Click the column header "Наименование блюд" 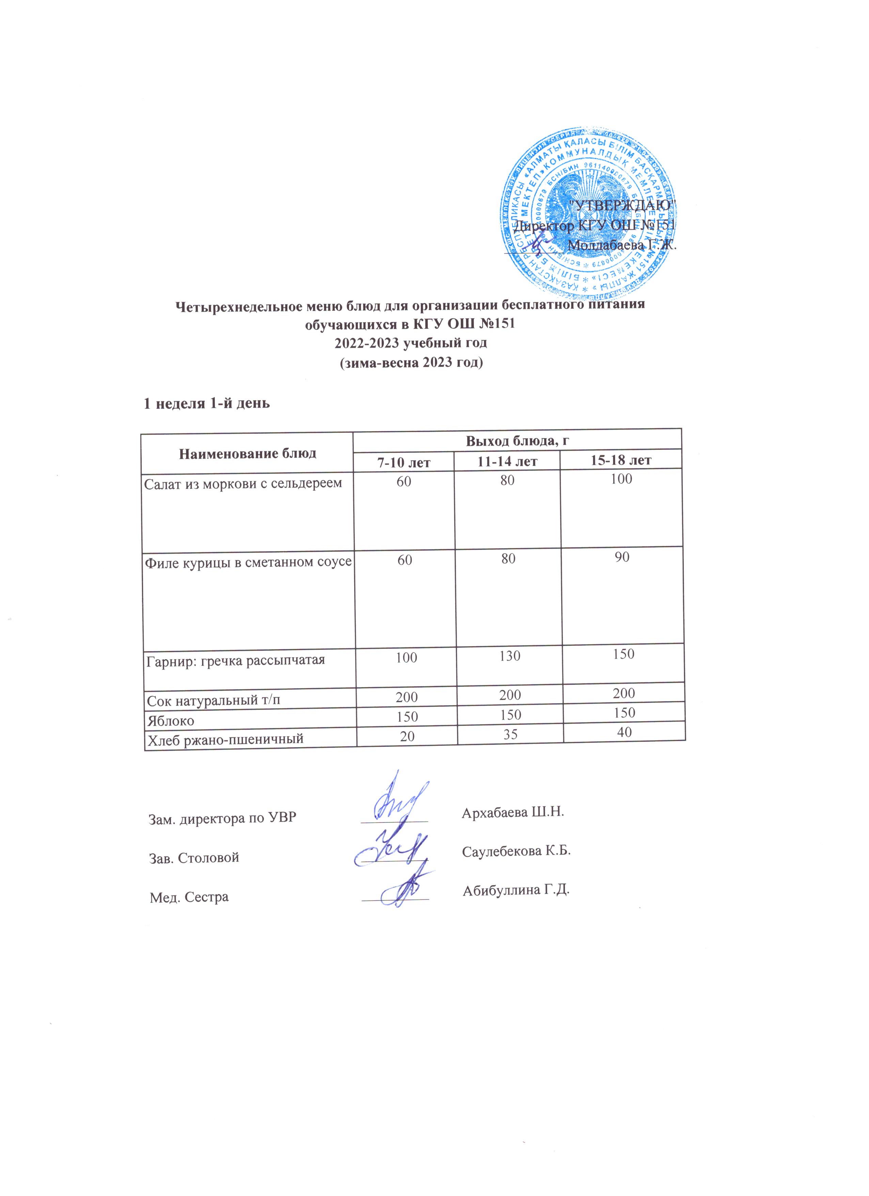tap(248, 453)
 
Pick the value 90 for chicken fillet tap(622, 557)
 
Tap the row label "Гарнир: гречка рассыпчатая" tap(235, 660)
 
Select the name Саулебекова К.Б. tap(517, 851)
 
